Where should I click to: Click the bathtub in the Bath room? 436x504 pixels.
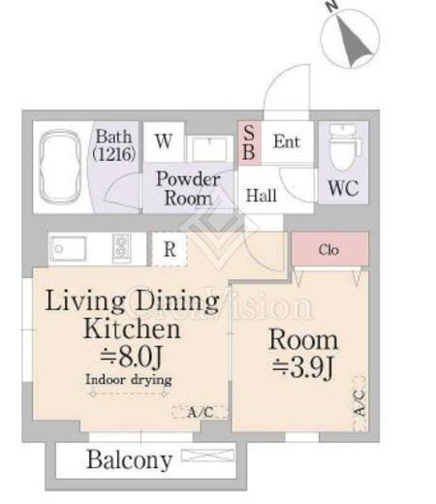pos(60,167)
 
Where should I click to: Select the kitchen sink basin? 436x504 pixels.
pos(69,249)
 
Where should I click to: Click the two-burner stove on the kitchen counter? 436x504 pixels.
pos(122,248)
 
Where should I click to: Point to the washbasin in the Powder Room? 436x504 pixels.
pos(209,149)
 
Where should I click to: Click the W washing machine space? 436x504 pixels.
pos(164,142)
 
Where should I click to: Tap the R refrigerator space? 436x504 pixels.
pos(170,249)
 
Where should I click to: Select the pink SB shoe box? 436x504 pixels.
pos(249,142)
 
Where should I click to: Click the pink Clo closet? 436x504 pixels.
pos(330,249)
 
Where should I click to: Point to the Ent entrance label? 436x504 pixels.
pos(287,142)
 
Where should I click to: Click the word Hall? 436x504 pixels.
pos(262,196)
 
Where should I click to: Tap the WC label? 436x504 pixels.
pos(343,188)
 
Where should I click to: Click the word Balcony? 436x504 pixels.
pos(130,460)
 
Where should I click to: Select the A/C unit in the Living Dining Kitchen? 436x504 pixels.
pos(200,412)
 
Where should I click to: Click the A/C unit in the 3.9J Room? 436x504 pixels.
pos(359,403)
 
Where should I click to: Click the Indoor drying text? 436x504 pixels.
pos(129,380)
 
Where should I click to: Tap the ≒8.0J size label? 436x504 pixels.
pos(131,358)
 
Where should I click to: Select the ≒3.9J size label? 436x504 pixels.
pos(302,368)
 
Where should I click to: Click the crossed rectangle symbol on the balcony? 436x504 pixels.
pos(208,456)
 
